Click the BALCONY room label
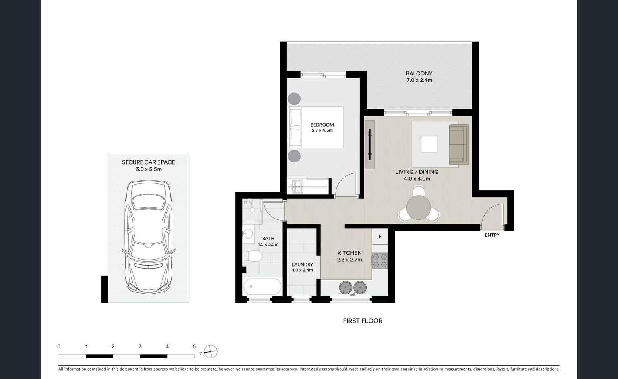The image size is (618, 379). point(419,73)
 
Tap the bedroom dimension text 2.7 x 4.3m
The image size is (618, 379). point(322,131)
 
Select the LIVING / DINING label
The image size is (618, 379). point(417,172)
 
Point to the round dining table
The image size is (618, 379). point(419,208)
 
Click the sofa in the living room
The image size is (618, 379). point(458,144)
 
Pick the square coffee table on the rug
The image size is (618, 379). point(429,144)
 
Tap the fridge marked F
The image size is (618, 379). point(380,237)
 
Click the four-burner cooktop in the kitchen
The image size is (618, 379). point(380,261)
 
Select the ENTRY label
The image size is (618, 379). point(492,235)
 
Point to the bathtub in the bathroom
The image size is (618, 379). point(262,287)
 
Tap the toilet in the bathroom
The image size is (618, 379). point(253,256)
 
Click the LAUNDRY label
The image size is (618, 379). point(302,264)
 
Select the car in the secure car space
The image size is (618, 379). point(148,237)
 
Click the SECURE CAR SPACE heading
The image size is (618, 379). point(148,162)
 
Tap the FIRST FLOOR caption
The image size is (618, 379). point(362,321)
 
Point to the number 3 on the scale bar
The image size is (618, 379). point(140,346)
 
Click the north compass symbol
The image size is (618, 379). point(210,352)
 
